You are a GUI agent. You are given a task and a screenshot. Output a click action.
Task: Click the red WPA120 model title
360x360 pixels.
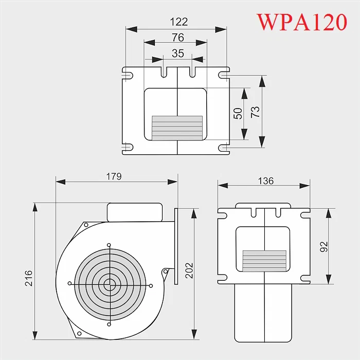(302, 22)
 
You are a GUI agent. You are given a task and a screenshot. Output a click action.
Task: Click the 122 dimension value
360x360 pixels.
(178, 22)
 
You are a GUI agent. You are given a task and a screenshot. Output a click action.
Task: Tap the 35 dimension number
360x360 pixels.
(177, 53)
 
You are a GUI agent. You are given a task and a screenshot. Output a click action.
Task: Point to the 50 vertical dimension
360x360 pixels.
(238, 113)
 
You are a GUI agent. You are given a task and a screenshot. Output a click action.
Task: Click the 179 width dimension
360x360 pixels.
(114, 176)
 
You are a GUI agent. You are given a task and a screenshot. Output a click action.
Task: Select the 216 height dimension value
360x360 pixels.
(29, 278)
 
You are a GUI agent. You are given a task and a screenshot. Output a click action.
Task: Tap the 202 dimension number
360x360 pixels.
(190, 271)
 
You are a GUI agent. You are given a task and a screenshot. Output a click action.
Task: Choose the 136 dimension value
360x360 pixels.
(266, 181)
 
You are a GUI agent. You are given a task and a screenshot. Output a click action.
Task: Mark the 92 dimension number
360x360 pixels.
(324, 247)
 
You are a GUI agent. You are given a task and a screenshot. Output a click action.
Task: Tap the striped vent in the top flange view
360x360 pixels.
(177, 127)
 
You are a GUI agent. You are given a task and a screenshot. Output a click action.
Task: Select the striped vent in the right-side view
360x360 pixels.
(264, 261)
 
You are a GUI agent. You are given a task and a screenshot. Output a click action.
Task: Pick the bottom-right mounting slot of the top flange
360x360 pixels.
(224, 149)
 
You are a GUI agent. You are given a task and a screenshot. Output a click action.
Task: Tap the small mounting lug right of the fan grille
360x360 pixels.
(166, 271)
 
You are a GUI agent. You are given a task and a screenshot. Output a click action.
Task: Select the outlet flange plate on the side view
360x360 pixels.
(176, 246)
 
